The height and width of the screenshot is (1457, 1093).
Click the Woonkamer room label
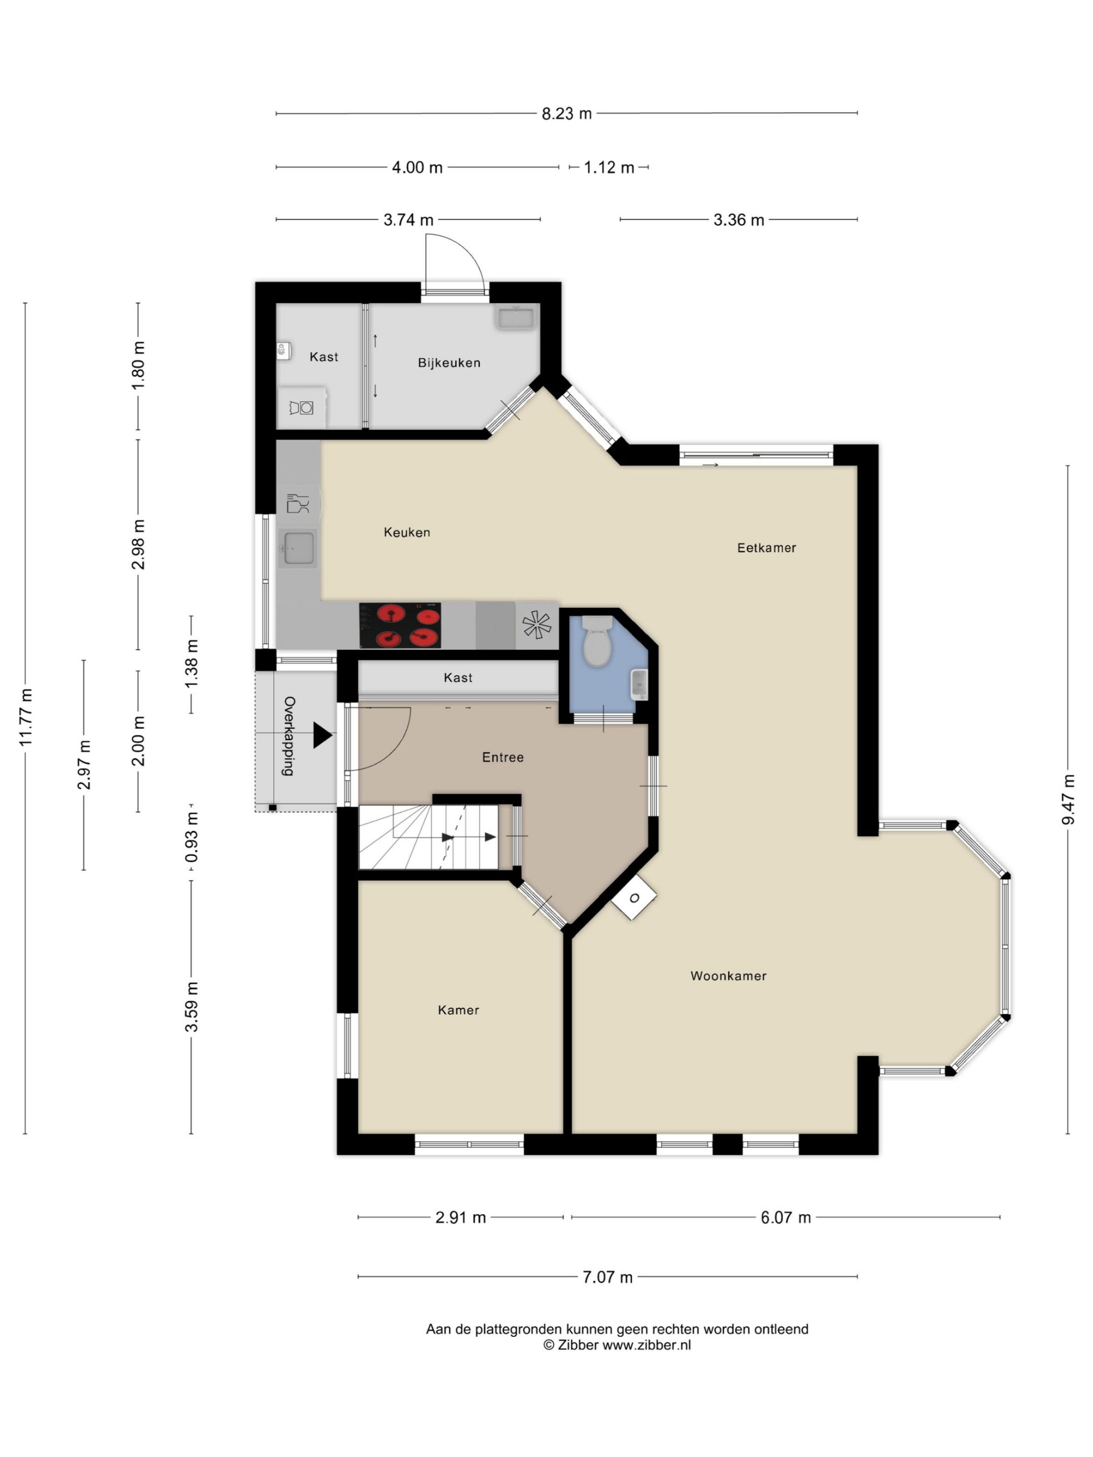point(728,976)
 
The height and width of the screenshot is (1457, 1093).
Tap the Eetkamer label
point(766,548)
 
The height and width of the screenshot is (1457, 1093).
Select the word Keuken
point(406,532)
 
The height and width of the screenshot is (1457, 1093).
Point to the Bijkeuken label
point(449,363)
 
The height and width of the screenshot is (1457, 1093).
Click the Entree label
point(503,757)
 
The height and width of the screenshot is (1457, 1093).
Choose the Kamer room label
point(458,1010)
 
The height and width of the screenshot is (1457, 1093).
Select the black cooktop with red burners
point(400,624)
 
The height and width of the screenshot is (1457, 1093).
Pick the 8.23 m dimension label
point(566,113)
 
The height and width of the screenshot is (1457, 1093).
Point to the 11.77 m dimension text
point(26,718)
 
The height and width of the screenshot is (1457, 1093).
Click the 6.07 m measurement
point(786,1217)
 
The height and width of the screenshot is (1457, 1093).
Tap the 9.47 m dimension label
point(1068,800)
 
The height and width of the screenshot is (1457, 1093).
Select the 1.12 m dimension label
point(609,167)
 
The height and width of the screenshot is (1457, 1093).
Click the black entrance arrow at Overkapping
point(322,735)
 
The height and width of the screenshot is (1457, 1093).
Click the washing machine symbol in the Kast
point(302,408)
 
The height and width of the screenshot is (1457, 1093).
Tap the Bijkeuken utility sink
point(515,318)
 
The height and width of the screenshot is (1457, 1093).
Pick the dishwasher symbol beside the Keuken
point(298,504)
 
